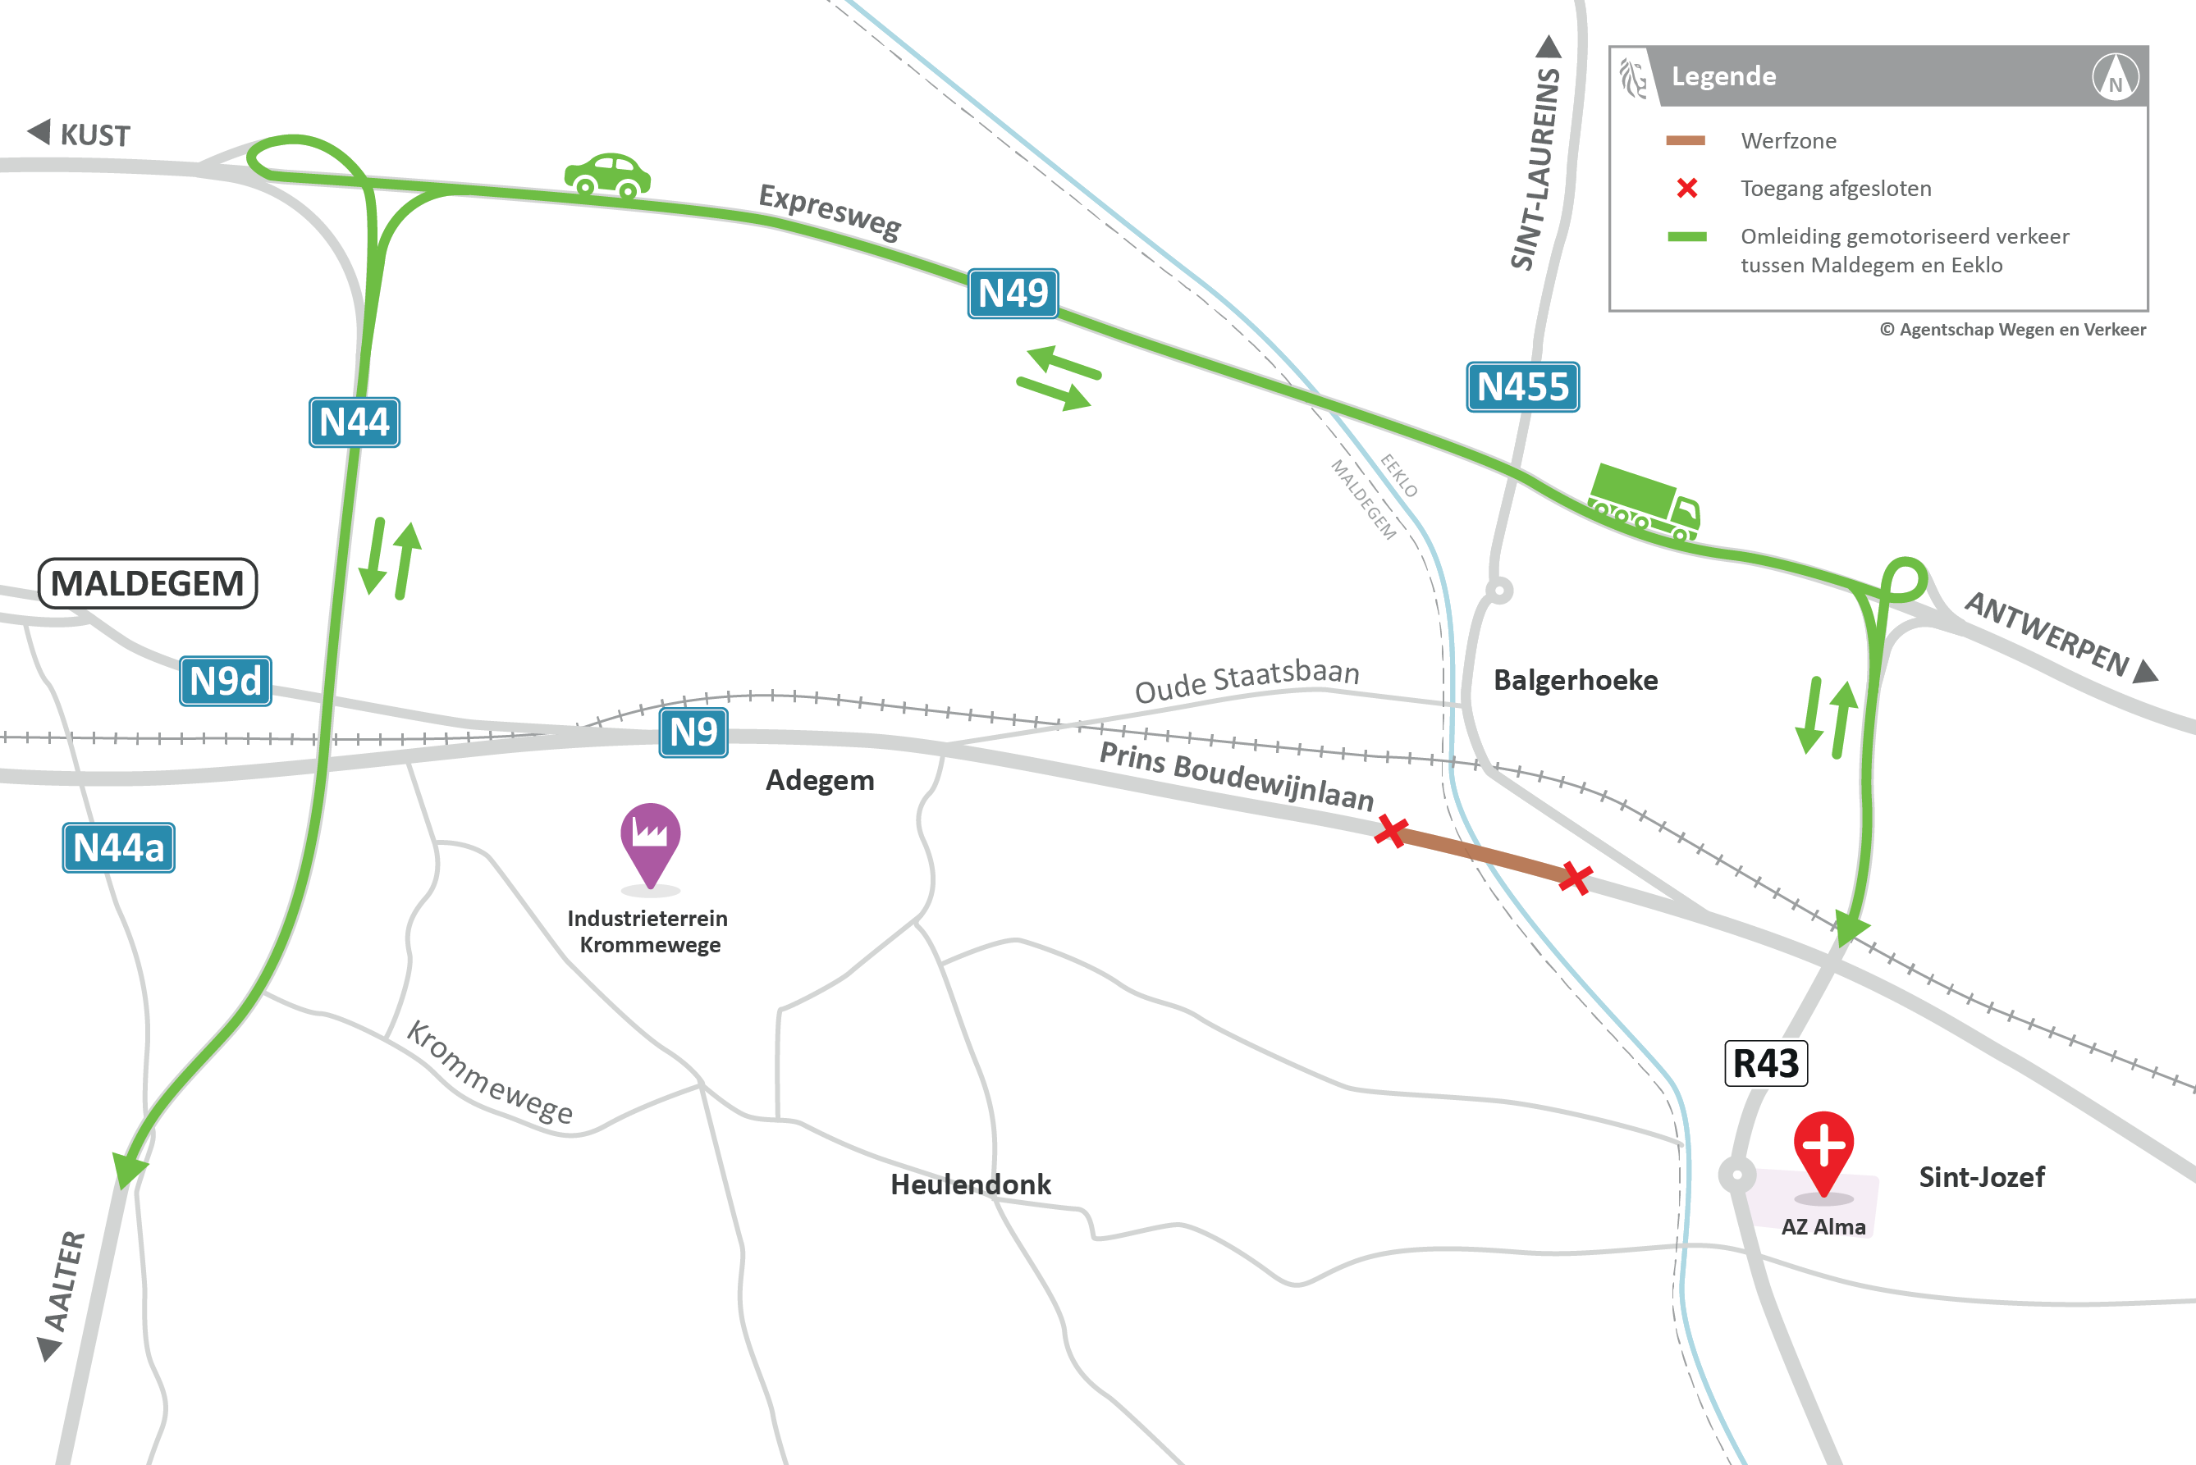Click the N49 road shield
coord(1013,294)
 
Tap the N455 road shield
coord(1522,387)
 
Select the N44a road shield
coord(119,847)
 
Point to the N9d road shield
coord(225,681)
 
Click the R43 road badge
coord(1765,1063)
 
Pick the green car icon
coord(607,176)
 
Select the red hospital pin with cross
coord(1823,1150)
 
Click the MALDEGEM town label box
coord(148,584)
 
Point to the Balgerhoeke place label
coord(1576,680)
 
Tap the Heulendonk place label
coord(970,1184)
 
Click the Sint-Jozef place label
coord(1981,1177)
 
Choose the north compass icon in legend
coord(2116,76)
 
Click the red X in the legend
coord(1686,188)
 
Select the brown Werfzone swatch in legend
coord(1686,141)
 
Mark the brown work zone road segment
coord(1484,854)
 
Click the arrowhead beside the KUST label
coord(39,132)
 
